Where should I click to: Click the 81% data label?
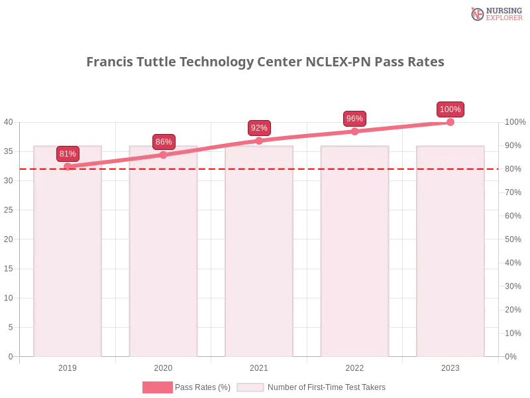(68, 154)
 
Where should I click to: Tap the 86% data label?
(164, 142)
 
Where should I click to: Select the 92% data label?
(259, 128)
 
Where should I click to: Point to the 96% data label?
(354, 119)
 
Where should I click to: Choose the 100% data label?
(450, 109)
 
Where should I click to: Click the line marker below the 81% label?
(68, 166)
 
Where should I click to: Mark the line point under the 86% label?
(164, 155)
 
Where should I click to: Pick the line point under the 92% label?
(259, 141)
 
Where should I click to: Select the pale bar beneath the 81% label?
(69, 265)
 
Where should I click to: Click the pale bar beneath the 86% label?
(164, 265)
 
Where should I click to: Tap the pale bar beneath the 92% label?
(260, 265)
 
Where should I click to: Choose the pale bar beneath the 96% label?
(355, 265)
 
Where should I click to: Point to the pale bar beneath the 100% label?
(450, 265)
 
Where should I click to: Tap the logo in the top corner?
(495, 13)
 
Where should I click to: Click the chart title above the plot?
(265, 62)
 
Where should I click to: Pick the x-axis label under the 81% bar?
(69, 366)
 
